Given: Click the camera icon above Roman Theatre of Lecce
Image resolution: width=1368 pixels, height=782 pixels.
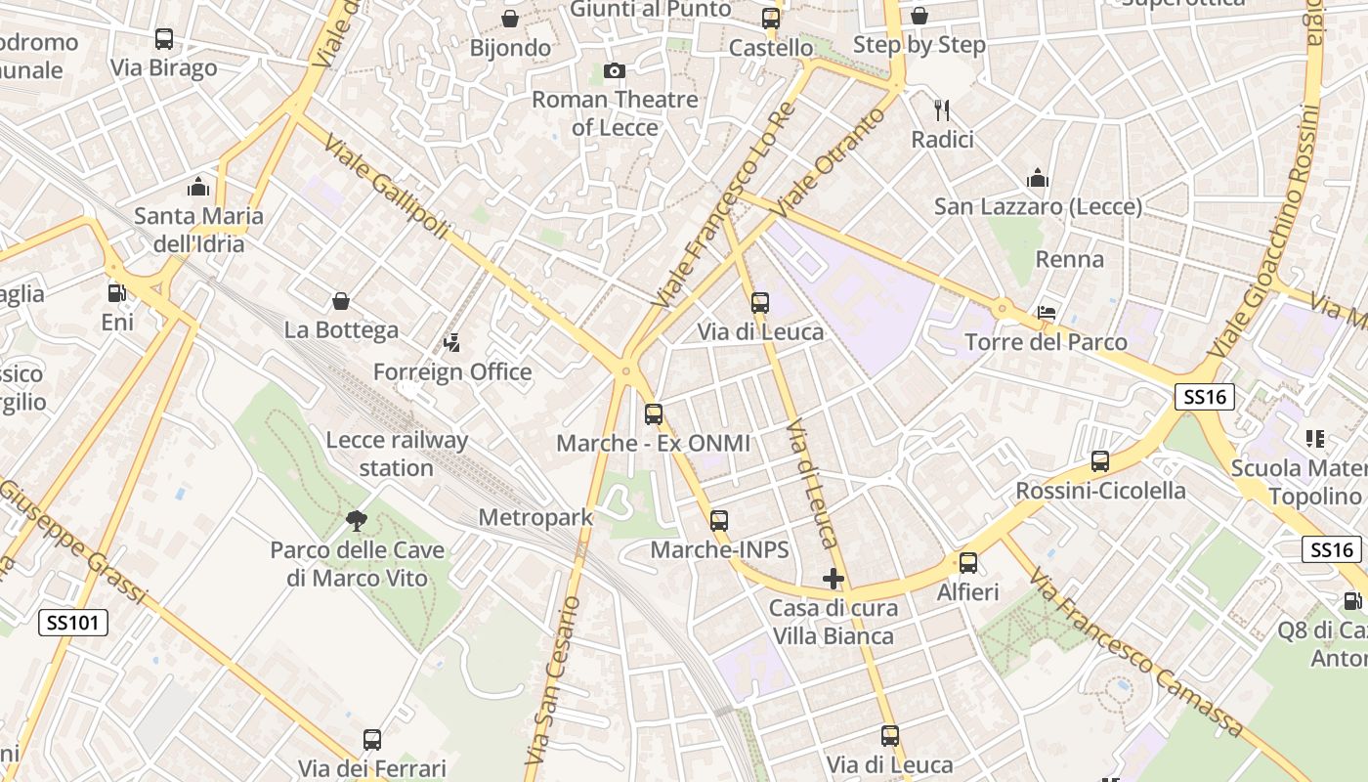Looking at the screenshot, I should click(615, 70).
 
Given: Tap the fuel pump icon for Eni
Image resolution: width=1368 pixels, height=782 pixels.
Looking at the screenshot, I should click(116, 292).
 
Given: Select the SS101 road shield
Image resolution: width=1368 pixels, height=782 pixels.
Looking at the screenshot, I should click(73, 622).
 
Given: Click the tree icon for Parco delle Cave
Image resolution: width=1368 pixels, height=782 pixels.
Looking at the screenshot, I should click(357, 521).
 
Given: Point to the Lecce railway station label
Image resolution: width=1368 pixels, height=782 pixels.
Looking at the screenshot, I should click(397, 454).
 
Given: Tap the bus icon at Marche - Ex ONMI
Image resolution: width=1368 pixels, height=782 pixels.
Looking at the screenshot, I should click(654, 414).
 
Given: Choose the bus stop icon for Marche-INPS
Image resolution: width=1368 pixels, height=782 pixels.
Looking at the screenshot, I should click(719, 521).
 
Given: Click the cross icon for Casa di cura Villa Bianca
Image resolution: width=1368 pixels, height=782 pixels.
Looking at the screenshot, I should click(833, 579).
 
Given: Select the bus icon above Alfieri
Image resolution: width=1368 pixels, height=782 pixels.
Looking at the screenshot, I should click(967, 563).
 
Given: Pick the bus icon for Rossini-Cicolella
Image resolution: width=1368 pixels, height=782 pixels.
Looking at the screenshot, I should click(1100, 461).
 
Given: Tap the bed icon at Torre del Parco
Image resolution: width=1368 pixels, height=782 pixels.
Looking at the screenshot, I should click(1047, 313).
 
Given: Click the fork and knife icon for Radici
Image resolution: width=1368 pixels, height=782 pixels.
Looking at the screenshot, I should click(942, 109).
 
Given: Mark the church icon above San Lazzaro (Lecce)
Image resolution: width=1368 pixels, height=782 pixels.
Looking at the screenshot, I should click(1038, 178).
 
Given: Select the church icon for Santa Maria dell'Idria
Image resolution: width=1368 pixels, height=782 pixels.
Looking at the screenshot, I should click(198, 186).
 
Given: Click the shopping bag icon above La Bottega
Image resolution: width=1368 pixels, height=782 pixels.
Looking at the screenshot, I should click(341, 301).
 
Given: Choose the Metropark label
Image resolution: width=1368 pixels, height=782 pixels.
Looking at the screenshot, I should click(535, 517).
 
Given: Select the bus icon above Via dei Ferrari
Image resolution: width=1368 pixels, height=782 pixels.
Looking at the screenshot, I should click(372, 740).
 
